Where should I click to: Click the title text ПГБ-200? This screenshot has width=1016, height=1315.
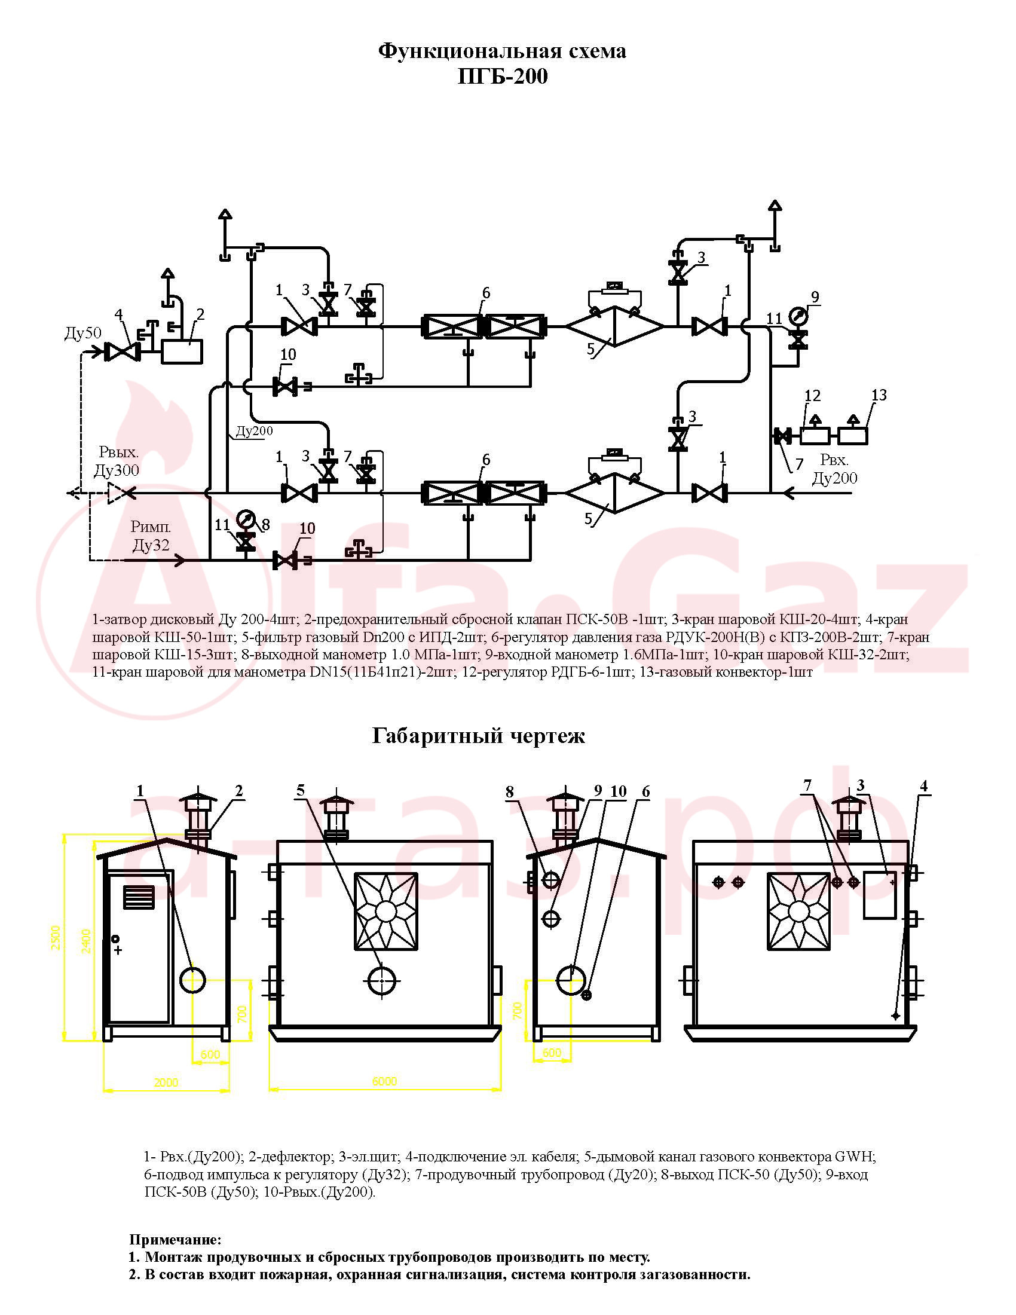point(503,77)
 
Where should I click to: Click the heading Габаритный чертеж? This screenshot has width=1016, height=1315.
point(479,736)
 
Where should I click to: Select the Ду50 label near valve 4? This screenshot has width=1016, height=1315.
point(83,333)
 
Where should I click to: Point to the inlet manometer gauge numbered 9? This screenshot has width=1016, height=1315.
point(798,316)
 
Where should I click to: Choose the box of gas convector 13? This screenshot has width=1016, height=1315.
point(853,436)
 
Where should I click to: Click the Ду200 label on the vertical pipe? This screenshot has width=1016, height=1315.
point(254,431)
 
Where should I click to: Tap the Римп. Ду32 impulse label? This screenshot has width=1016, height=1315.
point(151,537)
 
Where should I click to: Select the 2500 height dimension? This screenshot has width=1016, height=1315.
point(56,938)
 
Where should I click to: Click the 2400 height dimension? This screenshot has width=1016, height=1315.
point(86,941)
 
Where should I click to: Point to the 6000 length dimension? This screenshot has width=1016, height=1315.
point(384,1081)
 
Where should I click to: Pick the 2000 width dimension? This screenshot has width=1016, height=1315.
point(166,1082)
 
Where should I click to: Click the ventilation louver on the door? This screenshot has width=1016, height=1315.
point(139,897)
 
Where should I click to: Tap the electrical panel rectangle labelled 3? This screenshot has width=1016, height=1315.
point(880,894)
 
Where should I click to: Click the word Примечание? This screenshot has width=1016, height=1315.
point(175,1240)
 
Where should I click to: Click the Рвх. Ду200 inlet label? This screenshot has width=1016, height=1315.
point(834,469)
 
